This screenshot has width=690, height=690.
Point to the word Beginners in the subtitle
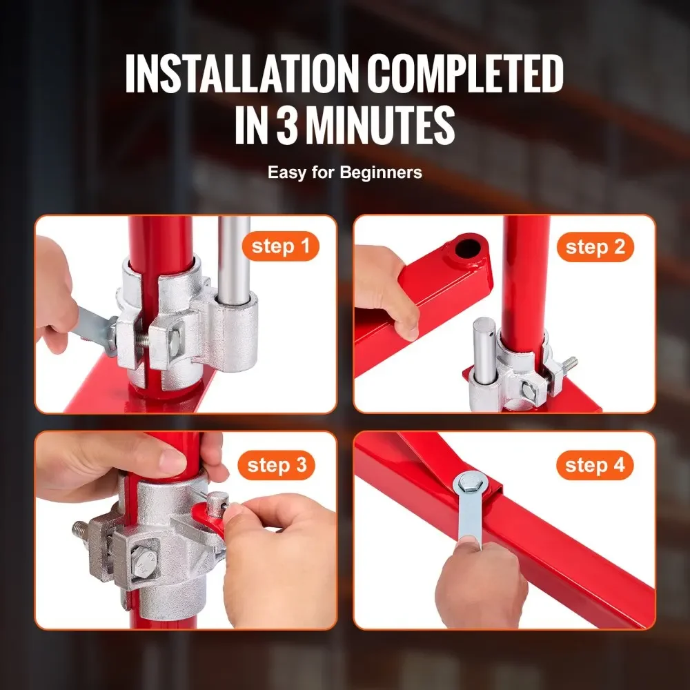tap(381, 172)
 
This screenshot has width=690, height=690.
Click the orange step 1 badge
tap(280, 247)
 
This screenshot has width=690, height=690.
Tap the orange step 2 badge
tap(595, 247)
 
